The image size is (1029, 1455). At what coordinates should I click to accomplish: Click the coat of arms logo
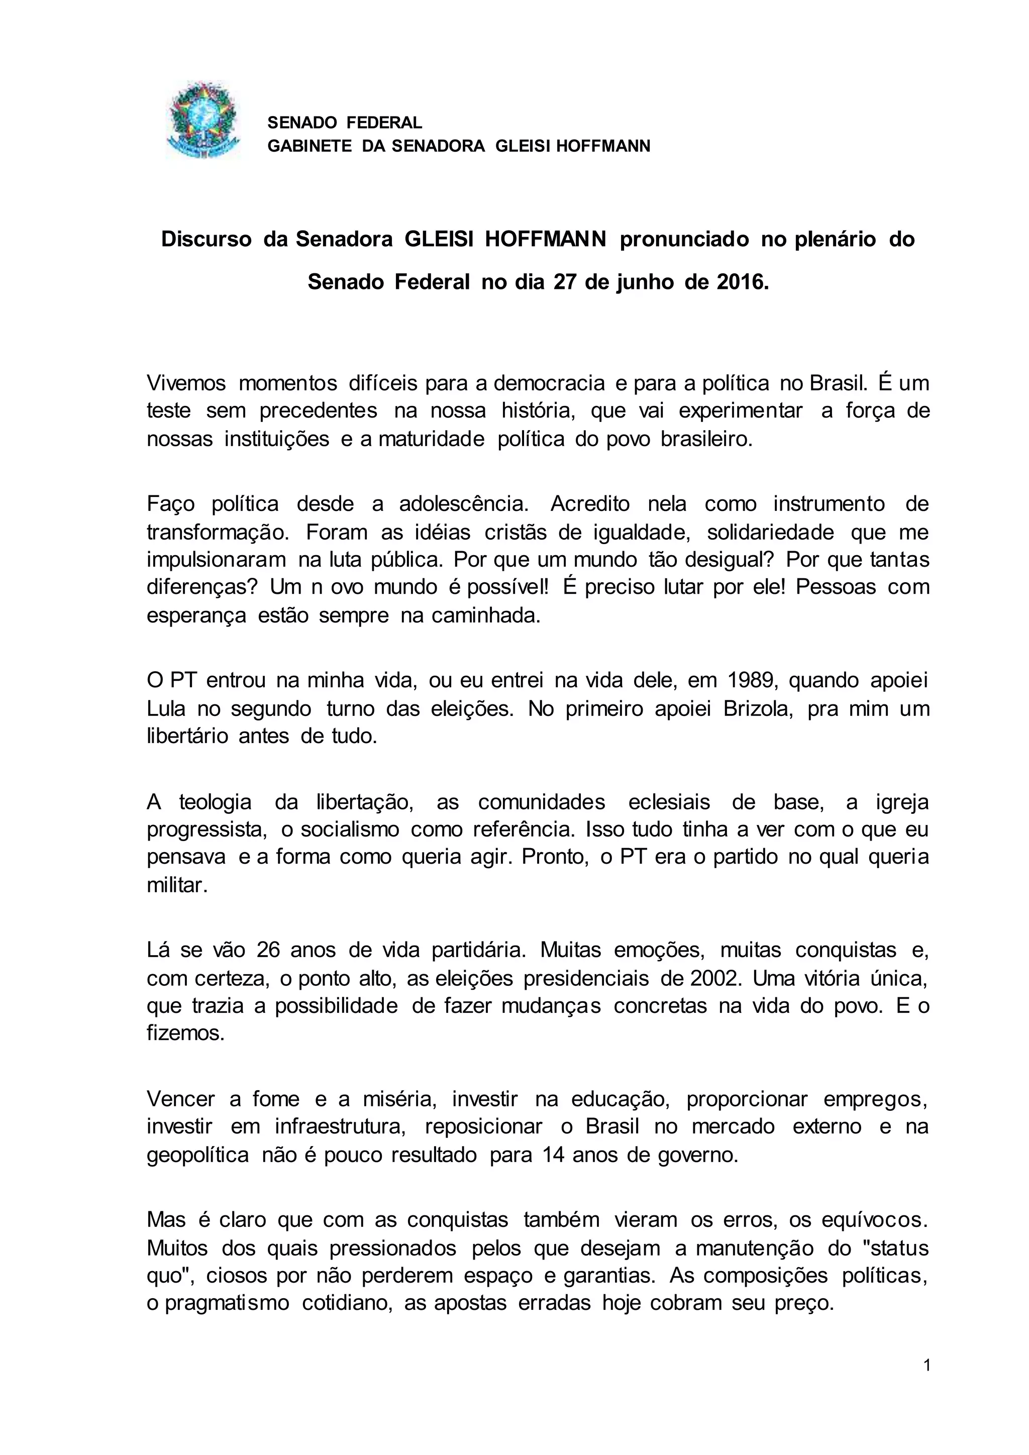(202, 121)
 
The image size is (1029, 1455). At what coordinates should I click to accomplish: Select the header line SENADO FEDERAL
(344, 122)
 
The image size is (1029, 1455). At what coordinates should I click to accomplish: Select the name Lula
(166, 708)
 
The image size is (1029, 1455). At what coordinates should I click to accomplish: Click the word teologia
(216, 802)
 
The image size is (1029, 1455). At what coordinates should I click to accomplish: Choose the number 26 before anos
(268, 951)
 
